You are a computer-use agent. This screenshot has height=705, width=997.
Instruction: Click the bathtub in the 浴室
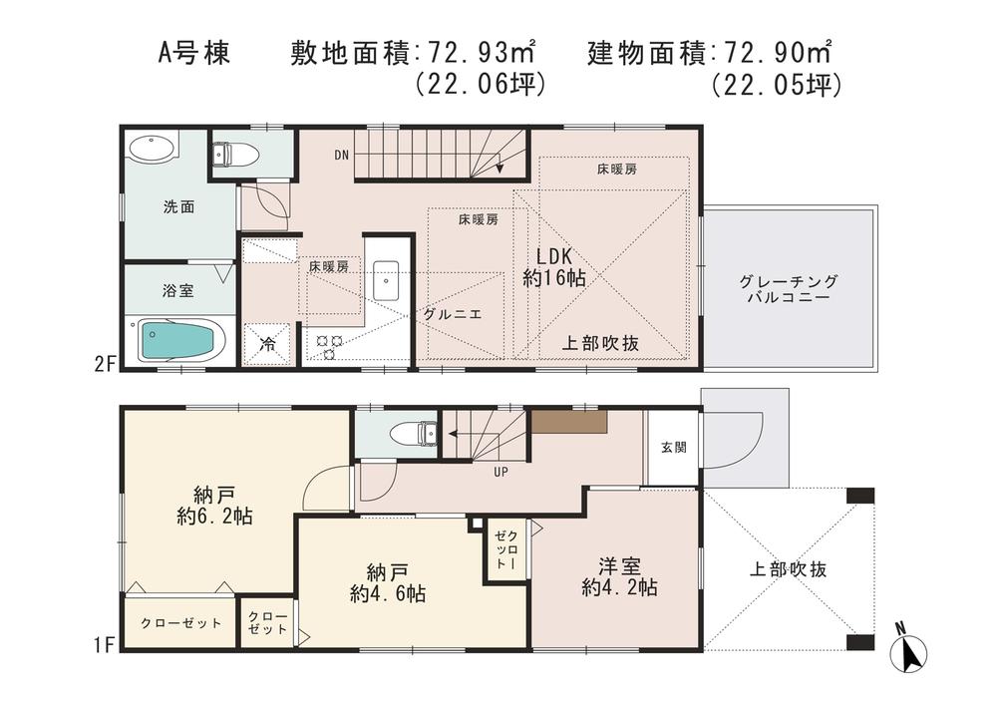[180, 339]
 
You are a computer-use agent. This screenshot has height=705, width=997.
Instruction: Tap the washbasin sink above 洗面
[152, 149]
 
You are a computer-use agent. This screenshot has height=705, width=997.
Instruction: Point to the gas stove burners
[329, 345]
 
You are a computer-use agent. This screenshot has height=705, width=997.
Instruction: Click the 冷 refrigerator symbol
[268, 345]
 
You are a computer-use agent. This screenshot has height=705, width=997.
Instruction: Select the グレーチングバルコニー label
[789, 290]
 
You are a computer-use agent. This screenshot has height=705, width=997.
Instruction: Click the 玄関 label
[672, 448]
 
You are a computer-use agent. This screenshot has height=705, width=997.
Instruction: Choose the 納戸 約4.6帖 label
[388, 582]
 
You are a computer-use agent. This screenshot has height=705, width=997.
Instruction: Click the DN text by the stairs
[341, 155]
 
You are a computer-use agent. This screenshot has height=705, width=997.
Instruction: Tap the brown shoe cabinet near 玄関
[568, 420]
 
